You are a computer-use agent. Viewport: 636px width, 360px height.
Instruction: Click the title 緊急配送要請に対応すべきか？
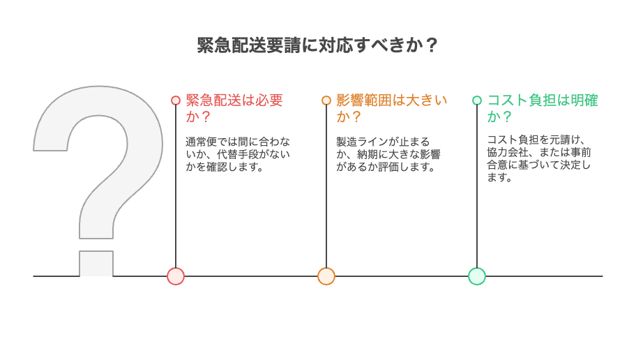[318, 45]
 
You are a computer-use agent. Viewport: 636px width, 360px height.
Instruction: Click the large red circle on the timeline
[176, 276]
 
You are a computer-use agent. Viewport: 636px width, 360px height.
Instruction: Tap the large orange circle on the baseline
[326, 276]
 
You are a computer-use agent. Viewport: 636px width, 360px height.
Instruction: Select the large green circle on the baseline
[477, 276]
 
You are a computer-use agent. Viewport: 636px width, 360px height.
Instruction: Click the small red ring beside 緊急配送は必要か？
[176, 100]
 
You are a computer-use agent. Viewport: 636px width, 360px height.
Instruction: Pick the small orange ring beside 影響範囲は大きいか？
[326, 100]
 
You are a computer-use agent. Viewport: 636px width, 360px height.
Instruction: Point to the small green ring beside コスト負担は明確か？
[477, 100]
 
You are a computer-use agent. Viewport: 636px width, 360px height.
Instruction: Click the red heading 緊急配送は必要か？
[234, 108]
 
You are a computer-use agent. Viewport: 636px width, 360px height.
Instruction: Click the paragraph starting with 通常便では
[237, 154]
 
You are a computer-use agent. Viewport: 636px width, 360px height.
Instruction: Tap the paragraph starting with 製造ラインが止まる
[388, 154]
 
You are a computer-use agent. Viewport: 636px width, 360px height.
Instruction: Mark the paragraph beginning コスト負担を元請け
[538, 159]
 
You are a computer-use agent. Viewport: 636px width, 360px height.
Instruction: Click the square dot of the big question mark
[96, 263]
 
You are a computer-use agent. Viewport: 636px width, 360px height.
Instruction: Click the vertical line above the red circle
[176, 188]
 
